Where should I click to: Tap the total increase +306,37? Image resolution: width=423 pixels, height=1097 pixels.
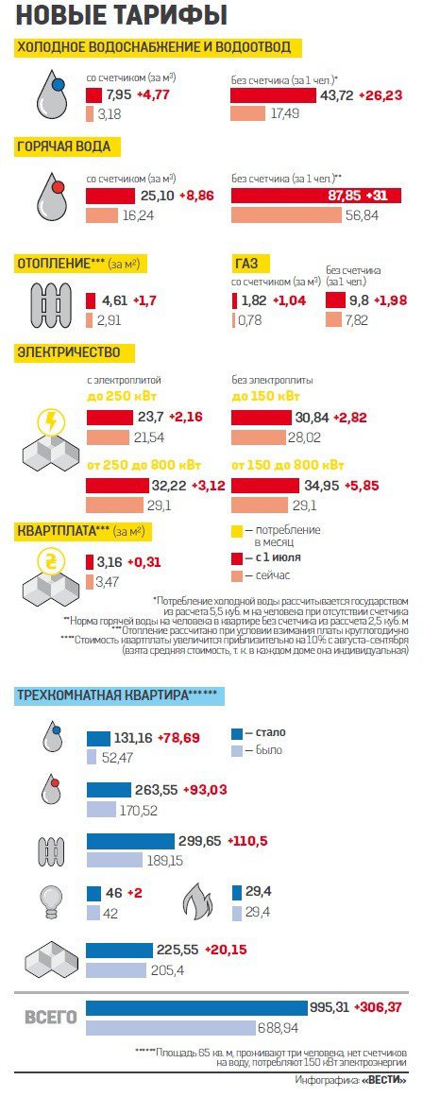[x=381, y=1007]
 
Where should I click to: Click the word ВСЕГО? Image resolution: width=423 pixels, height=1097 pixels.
[x=50, y=1018]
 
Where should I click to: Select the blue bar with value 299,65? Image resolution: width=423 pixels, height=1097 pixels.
[x=130, y=841]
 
